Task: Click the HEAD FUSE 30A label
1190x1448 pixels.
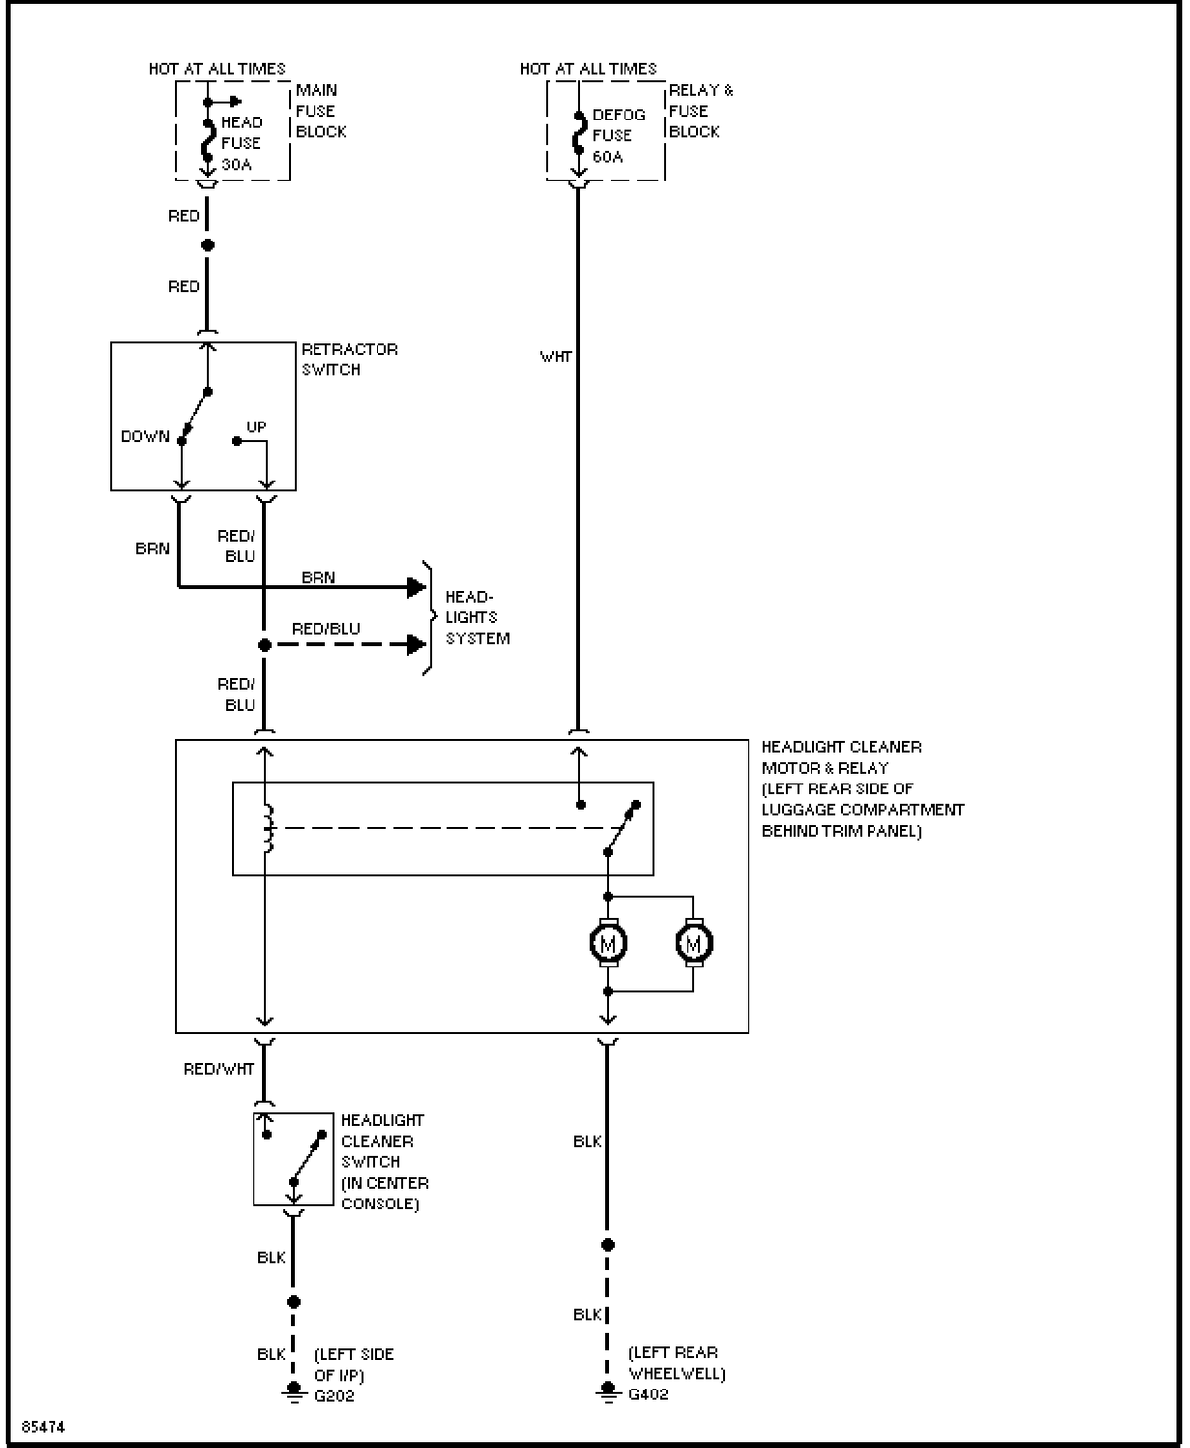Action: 242,143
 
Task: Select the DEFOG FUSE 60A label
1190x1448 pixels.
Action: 619,135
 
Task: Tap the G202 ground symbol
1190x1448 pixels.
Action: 294,1393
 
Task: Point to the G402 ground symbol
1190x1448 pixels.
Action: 607,1391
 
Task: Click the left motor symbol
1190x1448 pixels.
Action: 608,943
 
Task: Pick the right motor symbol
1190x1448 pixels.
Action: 694,943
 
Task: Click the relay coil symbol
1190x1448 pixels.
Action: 268,828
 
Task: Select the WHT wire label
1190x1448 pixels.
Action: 555,356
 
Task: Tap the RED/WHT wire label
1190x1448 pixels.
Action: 218,1069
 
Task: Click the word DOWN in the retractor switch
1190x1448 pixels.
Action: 145,436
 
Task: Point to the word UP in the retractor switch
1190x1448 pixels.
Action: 256,427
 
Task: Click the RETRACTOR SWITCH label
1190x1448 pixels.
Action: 349,359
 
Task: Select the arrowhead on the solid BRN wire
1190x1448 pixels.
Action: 417,587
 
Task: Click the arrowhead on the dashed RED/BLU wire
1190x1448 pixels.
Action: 417,645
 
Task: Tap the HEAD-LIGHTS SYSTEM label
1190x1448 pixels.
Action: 477,617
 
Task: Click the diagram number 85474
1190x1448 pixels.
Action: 44,1427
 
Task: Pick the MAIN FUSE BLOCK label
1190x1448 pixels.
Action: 321,110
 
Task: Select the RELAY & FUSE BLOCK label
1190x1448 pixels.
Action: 701,110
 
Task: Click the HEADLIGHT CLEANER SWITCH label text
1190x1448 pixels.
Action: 385,1162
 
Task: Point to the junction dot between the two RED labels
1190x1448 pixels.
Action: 207,245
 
